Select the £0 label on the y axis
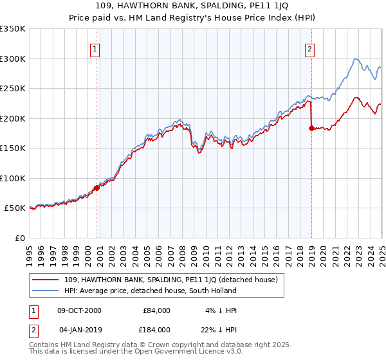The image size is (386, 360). (19, 238)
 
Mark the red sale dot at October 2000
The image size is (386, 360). (97, 188)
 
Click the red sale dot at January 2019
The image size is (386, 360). (311, 128)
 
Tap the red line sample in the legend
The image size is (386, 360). (46, 280)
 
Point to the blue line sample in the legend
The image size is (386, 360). (46, 291)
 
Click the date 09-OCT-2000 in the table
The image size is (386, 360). (80, 310)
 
